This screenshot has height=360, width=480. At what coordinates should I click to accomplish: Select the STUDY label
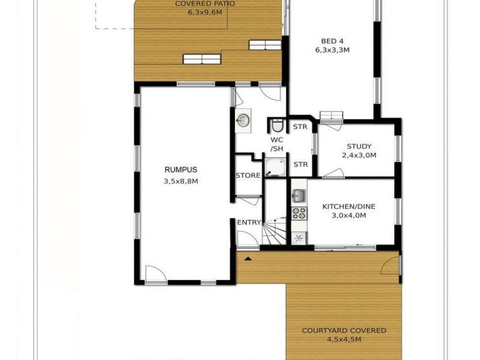click(359, 146)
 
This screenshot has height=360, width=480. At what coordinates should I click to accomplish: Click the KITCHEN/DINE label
click(349, 206)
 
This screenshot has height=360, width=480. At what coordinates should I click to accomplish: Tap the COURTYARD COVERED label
click(344, 331)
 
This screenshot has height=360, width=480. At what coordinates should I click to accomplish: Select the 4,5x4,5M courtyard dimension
click(344, 340)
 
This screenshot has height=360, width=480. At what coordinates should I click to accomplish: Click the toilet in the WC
click(277, 125)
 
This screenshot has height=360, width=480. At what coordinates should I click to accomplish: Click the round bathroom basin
click(243, 121)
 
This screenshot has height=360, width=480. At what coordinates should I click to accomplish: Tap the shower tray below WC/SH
click(275, 167)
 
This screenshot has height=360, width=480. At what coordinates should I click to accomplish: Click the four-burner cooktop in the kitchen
click(299, 213)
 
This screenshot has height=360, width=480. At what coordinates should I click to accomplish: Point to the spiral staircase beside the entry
click(276, 232)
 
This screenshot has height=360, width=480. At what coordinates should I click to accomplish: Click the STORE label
click(248, 176)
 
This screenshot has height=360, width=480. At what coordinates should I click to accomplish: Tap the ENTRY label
click(249, 223)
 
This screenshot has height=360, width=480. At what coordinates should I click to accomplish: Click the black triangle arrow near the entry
click(247, 257)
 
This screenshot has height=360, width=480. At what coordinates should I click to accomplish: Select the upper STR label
click(300, 127)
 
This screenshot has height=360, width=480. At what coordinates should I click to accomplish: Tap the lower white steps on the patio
click(202, 59)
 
